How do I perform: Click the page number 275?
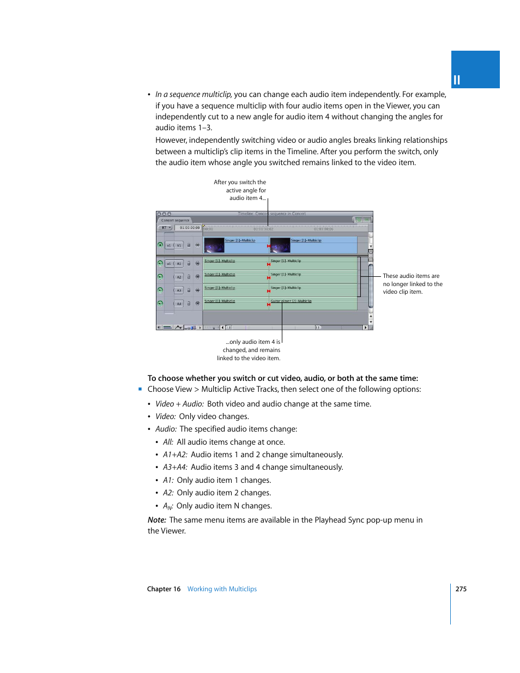pos(461,589)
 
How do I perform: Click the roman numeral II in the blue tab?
pos(457,80)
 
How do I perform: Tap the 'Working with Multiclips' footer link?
pos(222,589)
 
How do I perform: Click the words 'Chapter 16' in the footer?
pos(164,589)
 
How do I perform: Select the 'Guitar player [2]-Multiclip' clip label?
pos(291,301)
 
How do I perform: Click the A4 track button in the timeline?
pos(179,304)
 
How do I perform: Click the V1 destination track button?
pos(179,245)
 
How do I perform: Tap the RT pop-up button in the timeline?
pos(165,228)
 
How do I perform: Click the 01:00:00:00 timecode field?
pos(189,228)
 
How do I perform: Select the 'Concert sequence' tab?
pos(175,221)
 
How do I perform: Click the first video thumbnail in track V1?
pos(214,245)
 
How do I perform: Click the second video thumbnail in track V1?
pos(280,245)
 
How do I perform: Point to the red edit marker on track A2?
pos(269,277)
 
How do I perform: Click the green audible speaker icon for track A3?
pos(160,290)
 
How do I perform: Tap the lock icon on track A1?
pos(189,264)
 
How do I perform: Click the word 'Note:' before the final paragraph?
pos(157,520)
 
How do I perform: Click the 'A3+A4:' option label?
pos(175,467)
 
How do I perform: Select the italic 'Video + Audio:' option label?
pos(179,404)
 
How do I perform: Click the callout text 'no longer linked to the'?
pos(412,284)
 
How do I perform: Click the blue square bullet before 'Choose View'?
pos(140,389)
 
